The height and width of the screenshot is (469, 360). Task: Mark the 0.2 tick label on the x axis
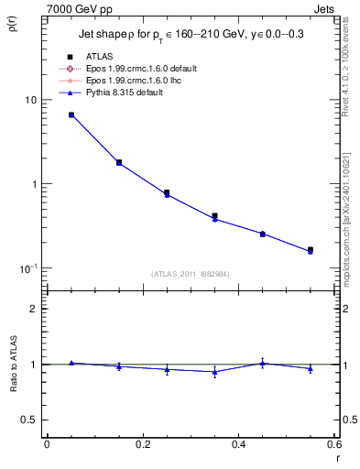143,444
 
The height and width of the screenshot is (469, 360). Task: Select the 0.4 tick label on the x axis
238,444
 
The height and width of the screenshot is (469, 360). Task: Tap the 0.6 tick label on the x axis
333,444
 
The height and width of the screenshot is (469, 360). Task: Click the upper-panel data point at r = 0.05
71,115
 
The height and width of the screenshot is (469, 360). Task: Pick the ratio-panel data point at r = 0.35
214,372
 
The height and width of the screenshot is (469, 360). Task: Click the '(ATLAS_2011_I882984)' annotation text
190,273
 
